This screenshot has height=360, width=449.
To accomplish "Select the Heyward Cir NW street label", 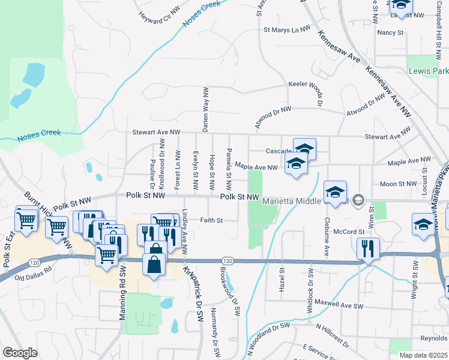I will (160, 17).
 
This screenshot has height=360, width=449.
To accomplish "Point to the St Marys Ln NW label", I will (287, 29).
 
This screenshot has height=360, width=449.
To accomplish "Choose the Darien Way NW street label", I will (205, 108).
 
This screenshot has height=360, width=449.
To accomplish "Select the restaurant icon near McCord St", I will (367, 248).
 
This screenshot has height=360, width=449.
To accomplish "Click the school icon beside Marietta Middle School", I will (336, 192).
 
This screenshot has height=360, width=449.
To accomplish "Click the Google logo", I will (20, 353).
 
